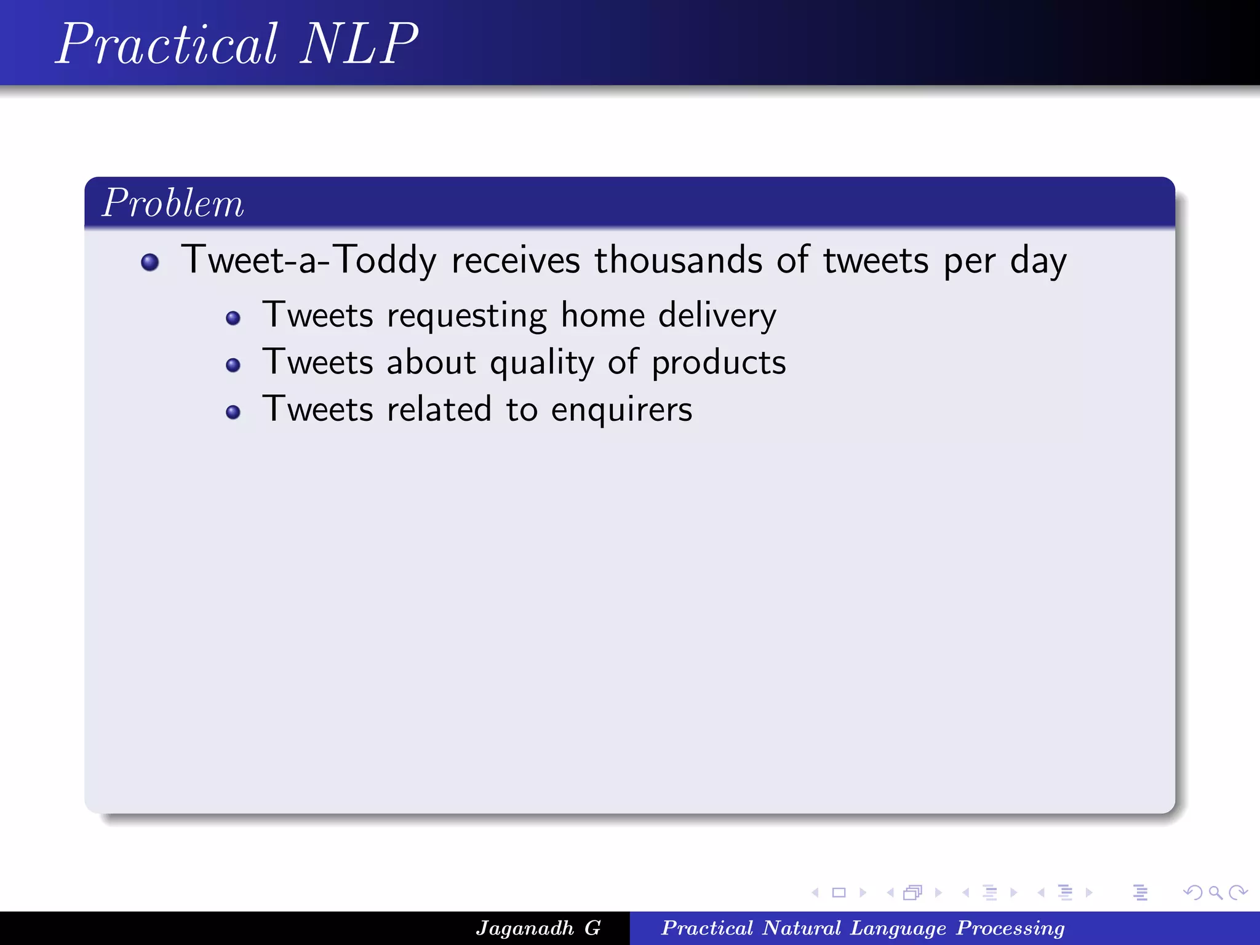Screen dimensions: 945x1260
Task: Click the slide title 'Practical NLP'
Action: pos(237,44)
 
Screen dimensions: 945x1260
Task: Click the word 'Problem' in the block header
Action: pos(173,203)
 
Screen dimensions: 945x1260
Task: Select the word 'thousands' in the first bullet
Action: pos(677,260)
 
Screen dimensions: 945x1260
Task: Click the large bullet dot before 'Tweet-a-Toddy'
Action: pos(150,263)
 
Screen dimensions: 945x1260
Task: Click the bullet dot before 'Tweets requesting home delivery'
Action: pos(233,318)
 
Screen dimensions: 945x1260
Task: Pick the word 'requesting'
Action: pos(466,316)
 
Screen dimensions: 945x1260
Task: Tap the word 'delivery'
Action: pos(717,315)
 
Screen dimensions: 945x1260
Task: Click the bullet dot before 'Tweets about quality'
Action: pos(233,365)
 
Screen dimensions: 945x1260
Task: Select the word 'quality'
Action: pos(542,363)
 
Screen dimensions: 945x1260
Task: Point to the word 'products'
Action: pos(719,363)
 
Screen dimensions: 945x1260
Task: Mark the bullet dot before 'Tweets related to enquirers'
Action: pos(233,412)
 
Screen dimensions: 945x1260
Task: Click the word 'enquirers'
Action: pos(621,410)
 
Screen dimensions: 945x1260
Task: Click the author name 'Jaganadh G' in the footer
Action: pos(538,928)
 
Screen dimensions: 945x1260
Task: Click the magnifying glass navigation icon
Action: pos(1215,892)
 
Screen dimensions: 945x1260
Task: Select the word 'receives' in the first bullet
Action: pos(516,260)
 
